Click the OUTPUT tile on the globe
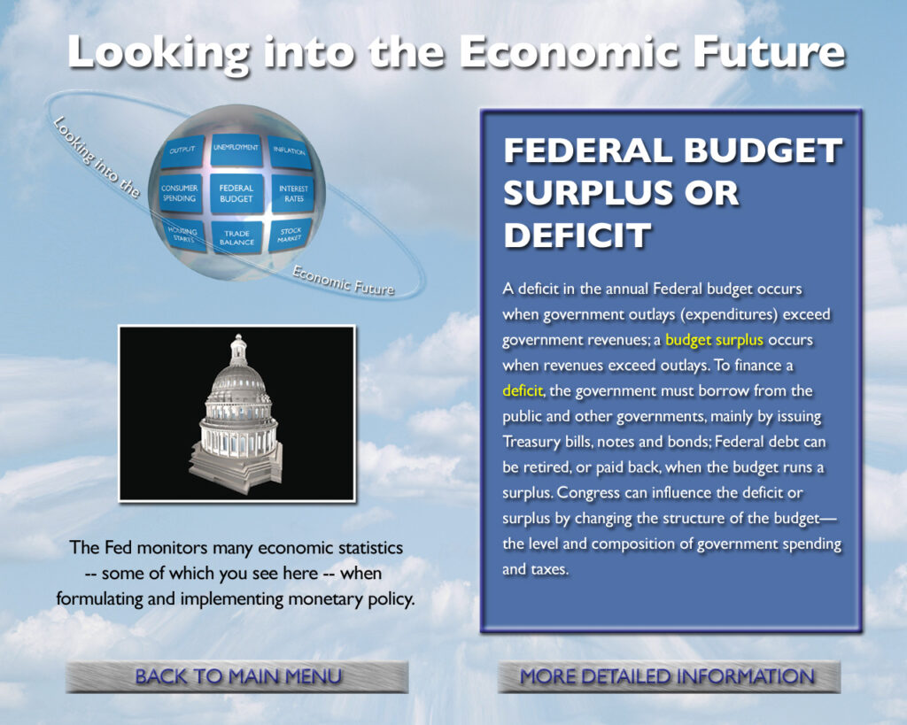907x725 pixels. (x=182, y=150)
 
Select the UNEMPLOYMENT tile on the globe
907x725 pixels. (x=236, y=150)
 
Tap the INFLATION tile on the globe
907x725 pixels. (x=290, y=152)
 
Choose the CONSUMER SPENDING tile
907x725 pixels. (x=180, y=194)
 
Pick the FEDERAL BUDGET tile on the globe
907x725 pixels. (x=236, y=194)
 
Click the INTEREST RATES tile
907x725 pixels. (x=293, y=194)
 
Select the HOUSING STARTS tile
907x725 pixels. (x=184, y=235)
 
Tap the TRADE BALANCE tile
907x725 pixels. (x=236, y=237)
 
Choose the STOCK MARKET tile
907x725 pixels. (x=290, y=235)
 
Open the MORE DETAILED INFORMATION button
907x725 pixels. (x=669, y=676)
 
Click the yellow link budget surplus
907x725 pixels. (x=715, y=340)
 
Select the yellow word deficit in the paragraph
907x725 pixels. (x=523, y=391)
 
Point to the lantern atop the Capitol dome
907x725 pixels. (x=238, y=349)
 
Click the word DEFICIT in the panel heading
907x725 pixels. (x=577, y=235)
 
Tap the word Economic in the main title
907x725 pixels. (x=570, y=52)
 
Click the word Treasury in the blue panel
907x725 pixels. (x=531, y=443)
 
